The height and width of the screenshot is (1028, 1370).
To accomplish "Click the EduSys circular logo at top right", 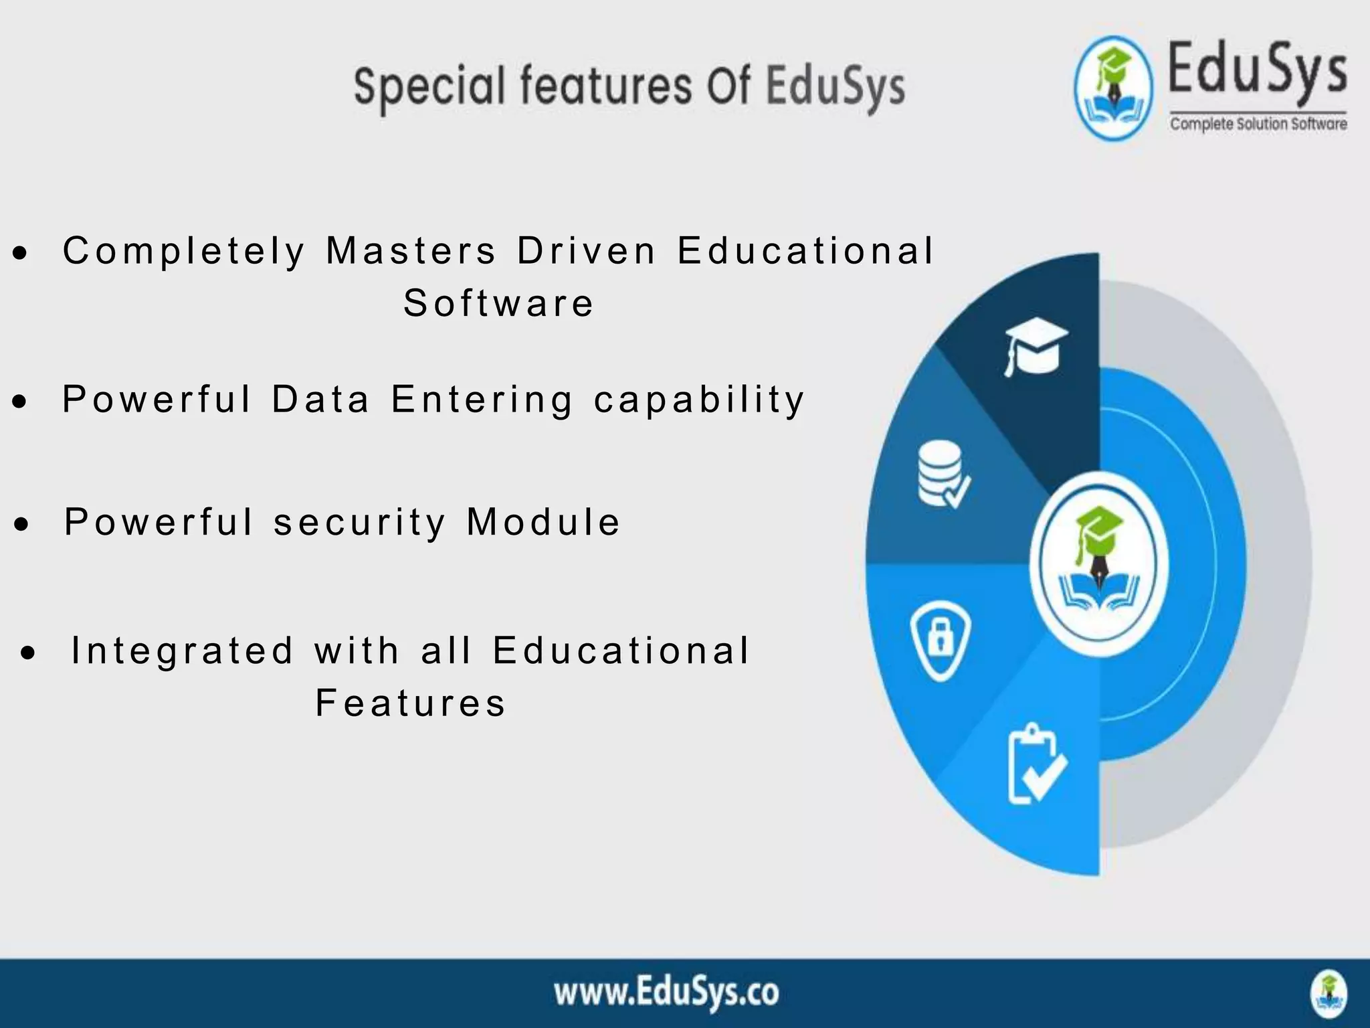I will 1114,88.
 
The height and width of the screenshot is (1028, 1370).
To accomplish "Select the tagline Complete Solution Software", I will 1258,124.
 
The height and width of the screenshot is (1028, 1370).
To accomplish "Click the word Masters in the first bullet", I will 411,251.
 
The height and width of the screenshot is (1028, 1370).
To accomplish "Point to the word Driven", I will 587,251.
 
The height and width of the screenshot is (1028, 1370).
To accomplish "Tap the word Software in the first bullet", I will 498,303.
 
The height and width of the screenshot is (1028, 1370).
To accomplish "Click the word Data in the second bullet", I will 320,400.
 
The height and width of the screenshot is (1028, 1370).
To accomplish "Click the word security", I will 360,523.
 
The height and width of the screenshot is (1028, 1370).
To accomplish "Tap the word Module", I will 543,522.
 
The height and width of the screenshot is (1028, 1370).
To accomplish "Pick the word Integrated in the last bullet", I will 183,651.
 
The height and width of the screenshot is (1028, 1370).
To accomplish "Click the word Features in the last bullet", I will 411,703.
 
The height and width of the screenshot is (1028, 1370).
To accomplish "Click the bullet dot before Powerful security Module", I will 22,525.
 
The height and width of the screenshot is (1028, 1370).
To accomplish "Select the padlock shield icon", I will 941,639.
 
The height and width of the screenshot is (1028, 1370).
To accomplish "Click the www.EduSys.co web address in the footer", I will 666,993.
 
